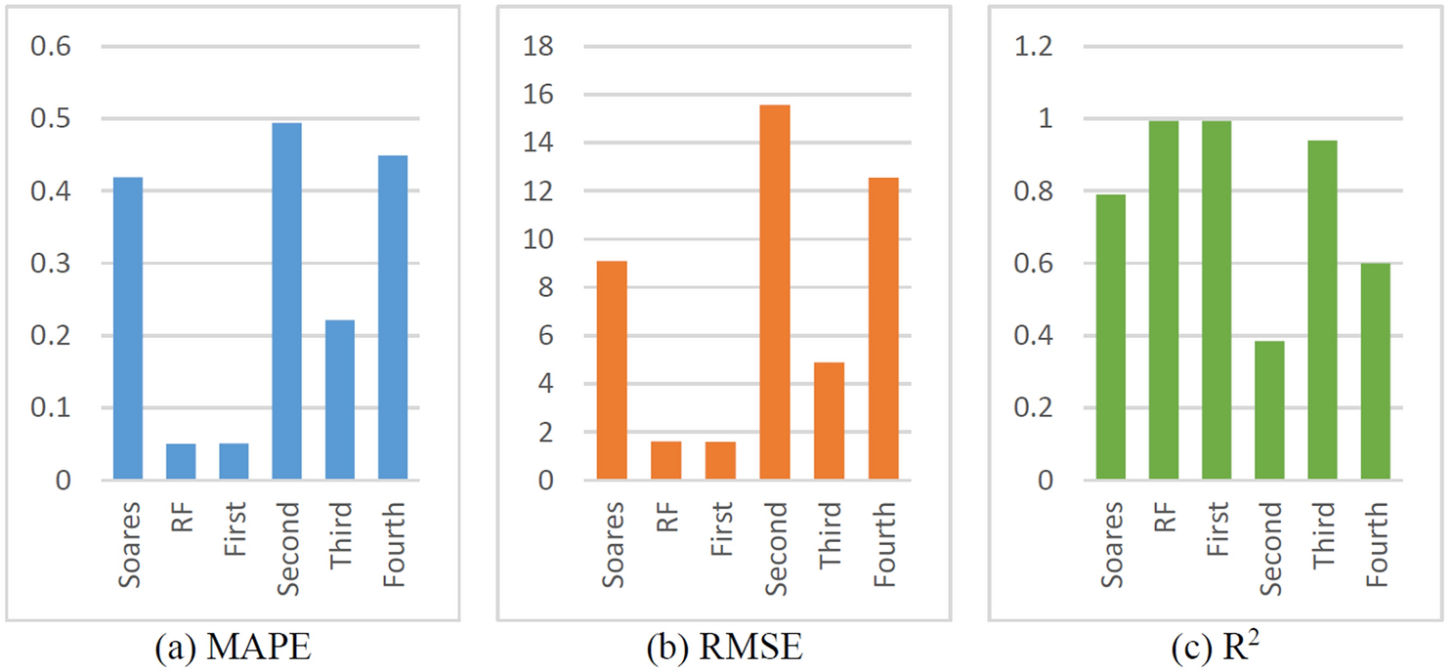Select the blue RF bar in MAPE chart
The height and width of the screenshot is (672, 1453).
click(181, 461)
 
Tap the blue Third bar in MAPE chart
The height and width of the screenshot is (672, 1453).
click(339, 399)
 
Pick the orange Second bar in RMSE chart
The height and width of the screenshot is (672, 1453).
click(774, 292)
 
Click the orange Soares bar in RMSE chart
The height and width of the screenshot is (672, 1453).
click(613, 370)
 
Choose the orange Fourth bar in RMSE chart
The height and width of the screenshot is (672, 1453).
click(882, 328)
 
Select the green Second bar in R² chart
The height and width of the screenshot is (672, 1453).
click(1268, 410)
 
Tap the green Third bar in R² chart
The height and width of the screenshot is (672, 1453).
click(1322, 310)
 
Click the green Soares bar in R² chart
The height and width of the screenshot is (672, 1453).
click(1110, 337)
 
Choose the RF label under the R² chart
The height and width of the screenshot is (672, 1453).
click(1164, 519)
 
